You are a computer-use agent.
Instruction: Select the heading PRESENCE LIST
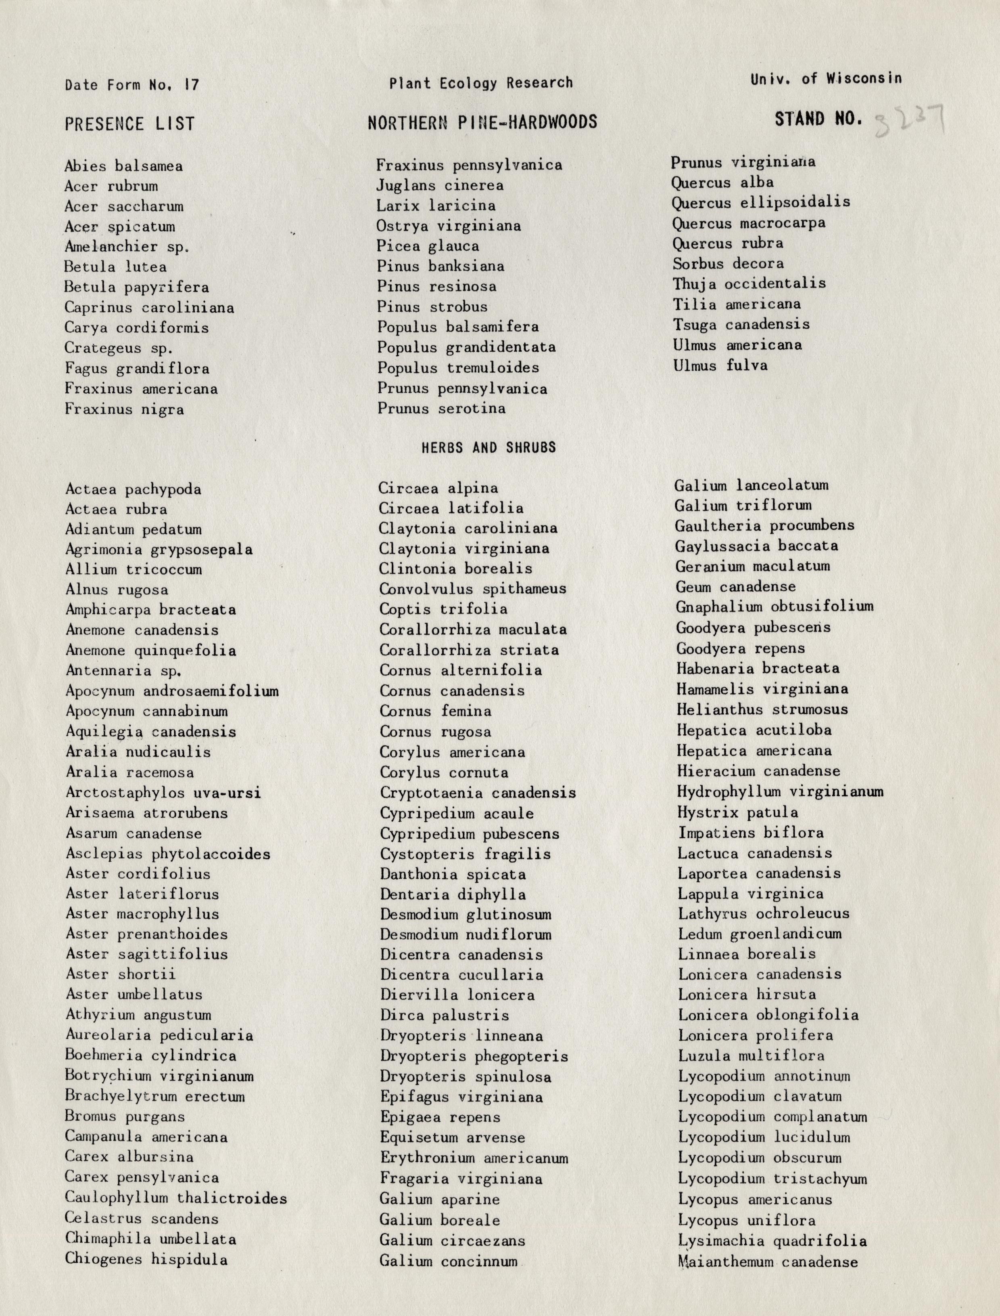[x=130, y=124]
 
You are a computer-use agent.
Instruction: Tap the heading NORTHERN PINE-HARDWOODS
[x=482, y=122]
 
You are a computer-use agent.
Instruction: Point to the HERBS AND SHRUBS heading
[x=489, y=447]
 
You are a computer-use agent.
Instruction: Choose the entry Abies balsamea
[x=124, y=166]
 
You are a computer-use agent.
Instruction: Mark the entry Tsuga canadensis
[x=741, y=325]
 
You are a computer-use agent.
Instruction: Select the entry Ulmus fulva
[x=720, y=365]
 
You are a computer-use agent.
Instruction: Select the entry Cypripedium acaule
[x=457, y=813]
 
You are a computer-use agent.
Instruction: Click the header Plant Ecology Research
[x=481, y=83]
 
